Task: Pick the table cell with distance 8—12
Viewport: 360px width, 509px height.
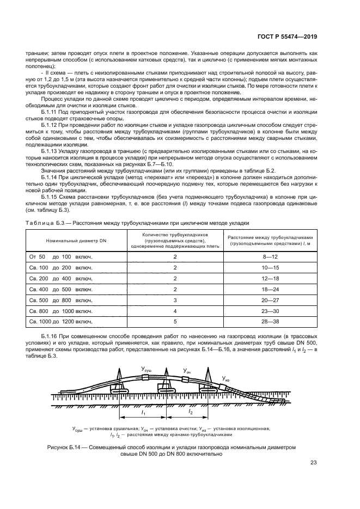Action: (x=270, y=256)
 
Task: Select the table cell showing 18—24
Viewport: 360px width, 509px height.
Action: (x=270, y=289)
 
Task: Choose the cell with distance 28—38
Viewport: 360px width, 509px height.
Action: (x=270, y=322)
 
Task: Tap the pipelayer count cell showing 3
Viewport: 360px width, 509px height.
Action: (x=175, y=300)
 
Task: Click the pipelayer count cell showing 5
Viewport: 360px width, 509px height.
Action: (x=175, y=322)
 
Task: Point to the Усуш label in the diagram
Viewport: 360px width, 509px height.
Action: (x=147, y=370)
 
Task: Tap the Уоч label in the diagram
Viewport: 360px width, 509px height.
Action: (x=186, y=371)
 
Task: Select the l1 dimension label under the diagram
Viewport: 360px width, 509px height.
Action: (x=142, y=413)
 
